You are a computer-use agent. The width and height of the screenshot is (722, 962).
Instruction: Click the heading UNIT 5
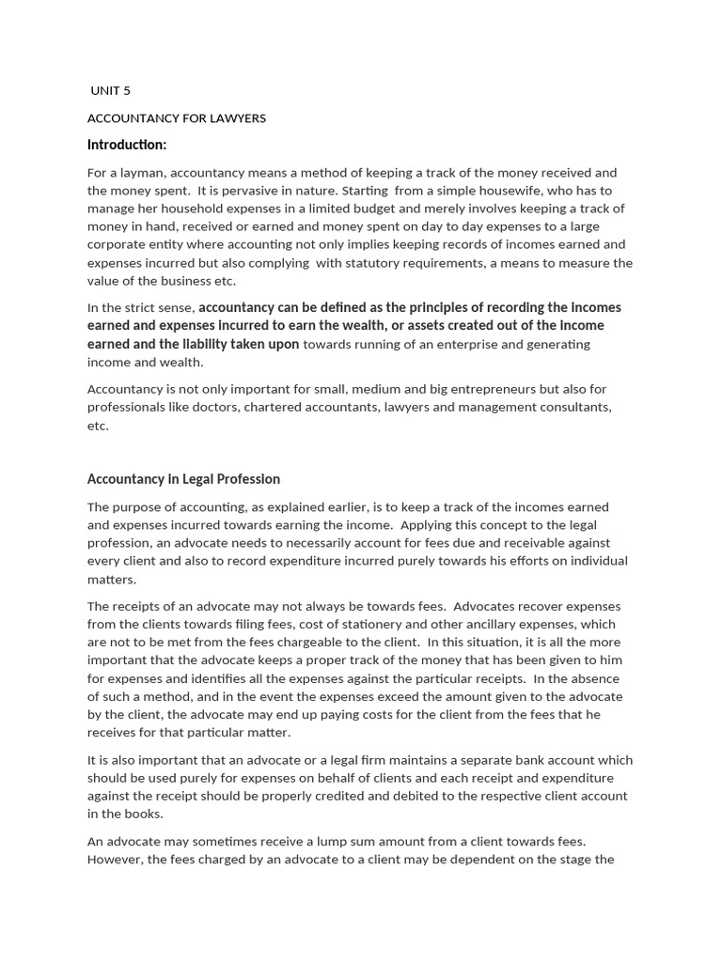[x=111, y=91]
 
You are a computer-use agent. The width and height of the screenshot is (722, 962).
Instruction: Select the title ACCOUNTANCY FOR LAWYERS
[x=177, y=118]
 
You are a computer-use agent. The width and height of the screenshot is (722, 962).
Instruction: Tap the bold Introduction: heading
[x=127, y=145]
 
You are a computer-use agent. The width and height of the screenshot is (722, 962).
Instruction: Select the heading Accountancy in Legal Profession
[x=183, y=479]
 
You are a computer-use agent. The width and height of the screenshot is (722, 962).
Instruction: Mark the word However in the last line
[x=115, y=860]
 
